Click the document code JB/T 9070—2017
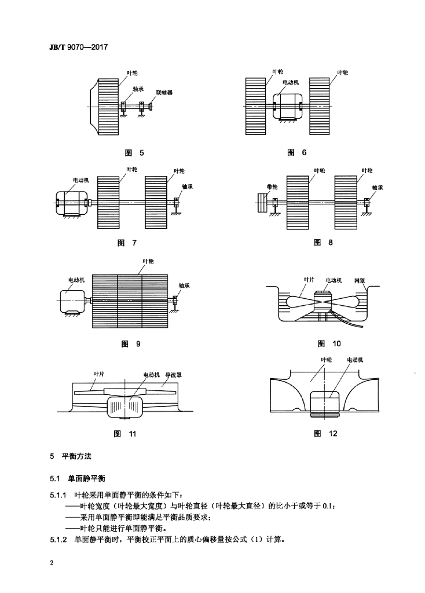click(x=78, y=47)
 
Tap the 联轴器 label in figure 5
click(x=164, y=92)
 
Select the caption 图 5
click(x=134, y=153)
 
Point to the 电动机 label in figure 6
click(x=291, y=82)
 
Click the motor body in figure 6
click(x=287, y=107)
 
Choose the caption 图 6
click(x=297, y=152)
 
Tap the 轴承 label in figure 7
click(x=187, y=186)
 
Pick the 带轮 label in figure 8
click(x=272, y=186)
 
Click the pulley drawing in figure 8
click(x=262, y=203)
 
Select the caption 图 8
click(x=323, y=243)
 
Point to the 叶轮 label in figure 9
click(x=148, y=261)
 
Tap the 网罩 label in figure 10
click(x=360, y=281)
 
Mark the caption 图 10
click(x=329, y=343)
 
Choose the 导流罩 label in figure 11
click(x=174, y=375)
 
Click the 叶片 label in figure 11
click(x=98, y=374)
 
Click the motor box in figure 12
click(x=325, y=404)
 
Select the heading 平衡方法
click(x=76, y=456)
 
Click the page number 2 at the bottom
click(x=52, y=562)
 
